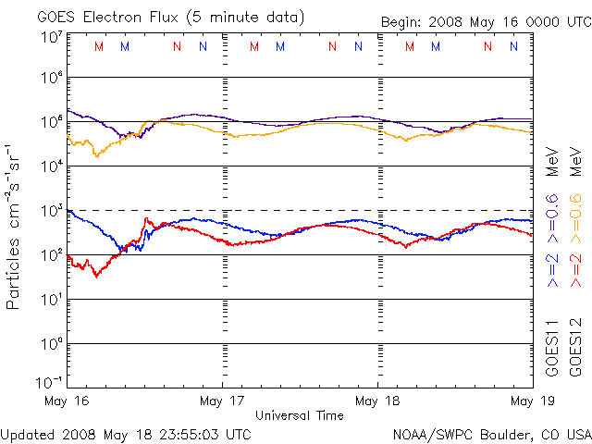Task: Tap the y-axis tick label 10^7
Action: [51, 37]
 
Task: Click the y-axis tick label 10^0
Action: [51, 344]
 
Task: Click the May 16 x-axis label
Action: [67, 401]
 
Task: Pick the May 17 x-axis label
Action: [223, 401]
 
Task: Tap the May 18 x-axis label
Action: [378, 401]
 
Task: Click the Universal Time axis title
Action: [300, 415]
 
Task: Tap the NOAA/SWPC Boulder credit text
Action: [491, 433]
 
